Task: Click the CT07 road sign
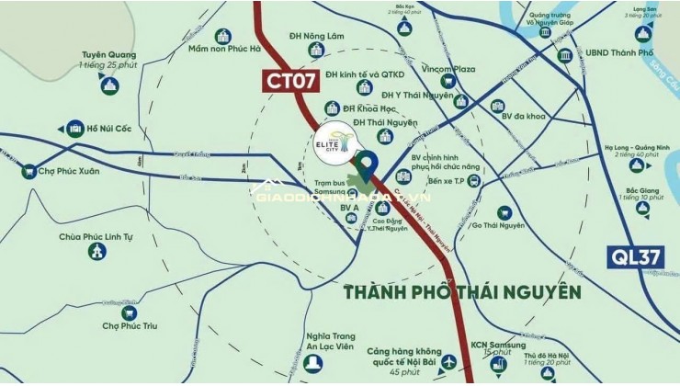point(292,80)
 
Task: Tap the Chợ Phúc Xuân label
point(69,171)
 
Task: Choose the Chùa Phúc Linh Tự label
point(96,236)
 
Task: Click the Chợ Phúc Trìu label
point(125,324)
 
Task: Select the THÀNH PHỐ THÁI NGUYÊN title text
point(462,292)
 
